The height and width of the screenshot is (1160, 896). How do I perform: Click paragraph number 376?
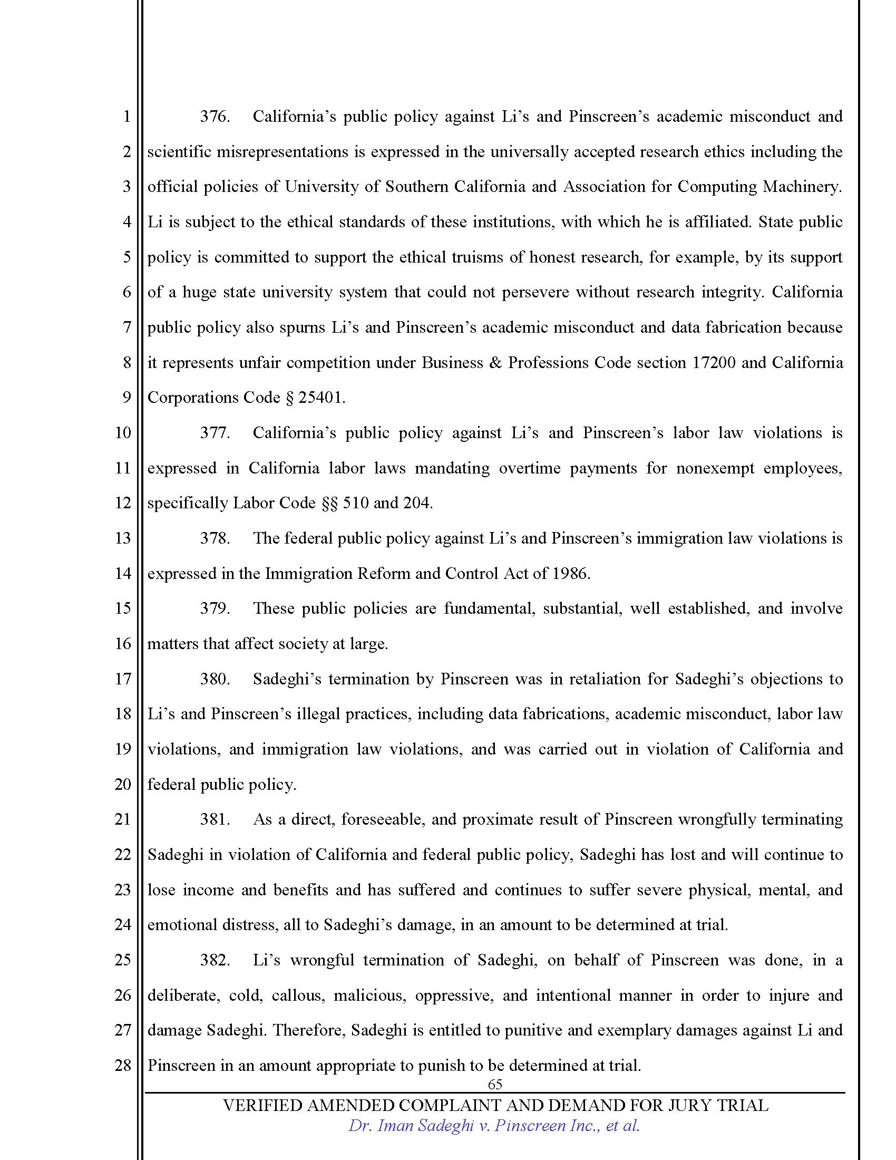pyautogui.click(x=215, y=117)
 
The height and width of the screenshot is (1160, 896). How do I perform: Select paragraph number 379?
pyautogui.click(x=215, y=608)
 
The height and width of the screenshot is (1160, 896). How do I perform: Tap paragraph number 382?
pyautogui.click(x=215, y=960)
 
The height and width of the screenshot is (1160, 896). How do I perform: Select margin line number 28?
pyautogui.click(x=123, y=1065)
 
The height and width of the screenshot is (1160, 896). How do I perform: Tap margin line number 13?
pyautogui.click(x=123, y=538)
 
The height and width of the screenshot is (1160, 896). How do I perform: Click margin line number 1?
pyautogui.click(x=126, y=117)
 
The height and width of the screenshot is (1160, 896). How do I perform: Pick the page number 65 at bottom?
pyautogui.click(x=495, y=1084)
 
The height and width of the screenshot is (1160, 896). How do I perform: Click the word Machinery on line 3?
pyautogui.click(x=802, y=187)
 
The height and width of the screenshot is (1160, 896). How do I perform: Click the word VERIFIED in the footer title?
pyautogui.click(x=262, y=1105)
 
